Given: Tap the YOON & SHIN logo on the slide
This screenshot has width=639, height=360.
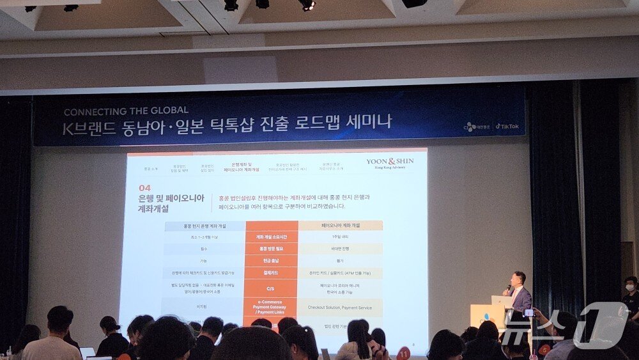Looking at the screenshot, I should point(390,162).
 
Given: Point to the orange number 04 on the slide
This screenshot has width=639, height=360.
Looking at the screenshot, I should point(145,188).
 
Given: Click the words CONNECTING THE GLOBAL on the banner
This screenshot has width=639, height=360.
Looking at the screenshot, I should point(126,110).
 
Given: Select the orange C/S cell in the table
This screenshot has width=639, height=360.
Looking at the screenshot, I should point(271,288).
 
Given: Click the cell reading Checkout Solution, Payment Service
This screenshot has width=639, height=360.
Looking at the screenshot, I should point(339,308).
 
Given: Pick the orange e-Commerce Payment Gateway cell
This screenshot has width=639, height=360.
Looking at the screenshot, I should point(271,307).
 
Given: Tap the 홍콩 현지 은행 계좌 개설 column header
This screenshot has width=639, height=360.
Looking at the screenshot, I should point(204,226).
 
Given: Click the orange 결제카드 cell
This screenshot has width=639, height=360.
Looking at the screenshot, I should point(271,273).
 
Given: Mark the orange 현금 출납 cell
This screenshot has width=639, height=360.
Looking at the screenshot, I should point(271,261).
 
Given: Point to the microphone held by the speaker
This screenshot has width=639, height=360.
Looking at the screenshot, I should point(509,288).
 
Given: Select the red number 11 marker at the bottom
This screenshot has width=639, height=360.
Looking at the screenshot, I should point(403,353).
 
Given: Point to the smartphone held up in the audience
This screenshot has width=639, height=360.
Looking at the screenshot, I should point(529,313).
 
